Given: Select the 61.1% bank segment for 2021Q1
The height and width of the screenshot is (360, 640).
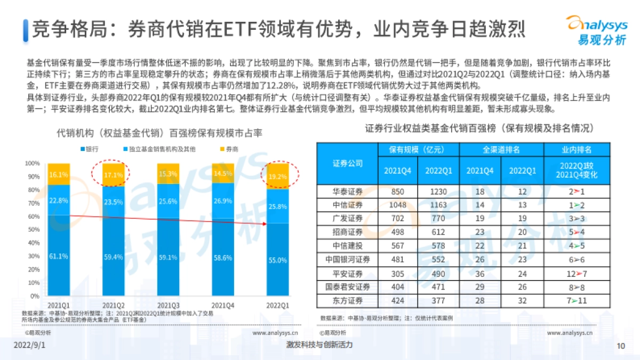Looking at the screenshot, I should tap(59, 255).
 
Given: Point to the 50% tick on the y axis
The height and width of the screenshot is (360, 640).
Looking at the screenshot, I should tap(33, 229).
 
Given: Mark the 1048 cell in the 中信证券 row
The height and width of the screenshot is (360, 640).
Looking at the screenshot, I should tap(395, 205).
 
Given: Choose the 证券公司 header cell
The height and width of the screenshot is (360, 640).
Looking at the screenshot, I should tap(347, 163).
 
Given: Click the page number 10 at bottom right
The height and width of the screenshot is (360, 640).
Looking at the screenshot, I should tap(620, 346).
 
